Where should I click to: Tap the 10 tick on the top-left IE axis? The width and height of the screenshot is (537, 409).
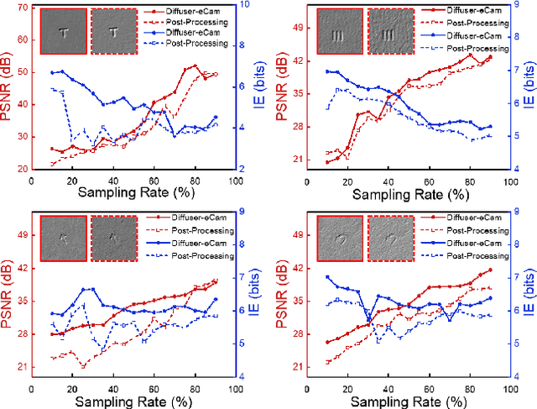click(x=243, y=8)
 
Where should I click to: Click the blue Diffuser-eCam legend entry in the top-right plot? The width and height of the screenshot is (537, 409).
click(x=462, y=39)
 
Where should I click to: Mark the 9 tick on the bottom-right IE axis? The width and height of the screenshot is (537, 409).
click(x=518, y=212)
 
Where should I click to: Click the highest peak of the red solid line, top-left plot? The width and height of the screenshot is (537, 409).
click(x=196, y=65)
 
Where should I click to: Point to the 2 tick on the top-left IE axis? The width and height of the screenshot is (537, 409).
click(x=242, y=169)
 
